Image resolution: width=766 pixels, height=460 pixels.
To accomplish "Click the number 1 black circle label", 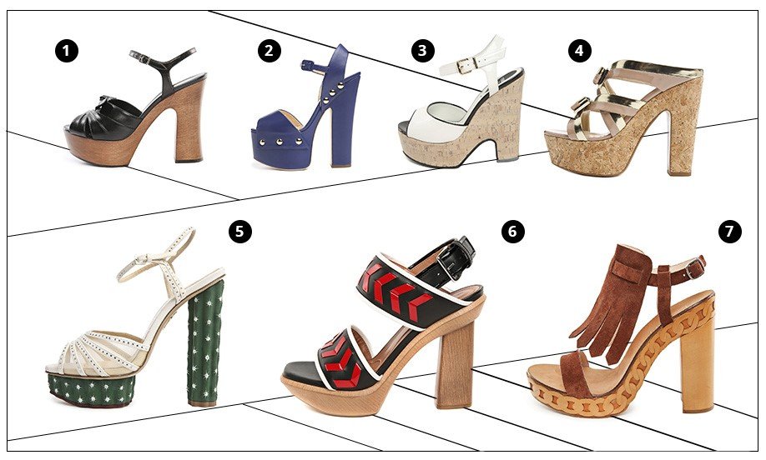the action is (67, 51).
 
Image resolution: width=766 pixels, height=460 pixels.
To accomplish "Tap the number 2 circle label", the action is (270, 51).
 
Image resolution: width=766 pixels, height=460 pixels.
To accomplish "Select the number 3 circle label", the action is (422, 51).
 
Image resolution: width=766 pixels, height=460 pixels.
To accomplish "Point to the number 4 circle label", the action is (579, 51).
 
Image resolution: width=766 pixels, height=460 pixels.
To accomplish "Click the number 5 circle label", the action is (239, 231).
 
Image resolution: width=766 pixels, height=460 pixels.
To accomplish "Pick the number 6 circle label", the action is (513, 231).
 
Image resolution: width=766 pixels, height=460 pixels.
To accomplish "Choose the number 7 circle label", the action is (730, 231).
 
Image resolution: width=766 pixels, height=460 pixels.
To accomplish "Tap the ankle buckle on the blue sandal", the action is (308, 65).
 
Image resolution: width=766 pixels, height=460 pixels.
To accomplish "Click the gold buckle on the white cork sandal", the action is (466, 65).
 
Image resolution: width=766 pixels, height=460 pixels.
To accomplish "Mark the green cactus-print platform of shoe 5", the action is (91, 389).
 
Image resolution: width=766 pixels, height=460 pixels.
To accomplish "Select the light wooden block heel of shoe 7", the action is (698, 371).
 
